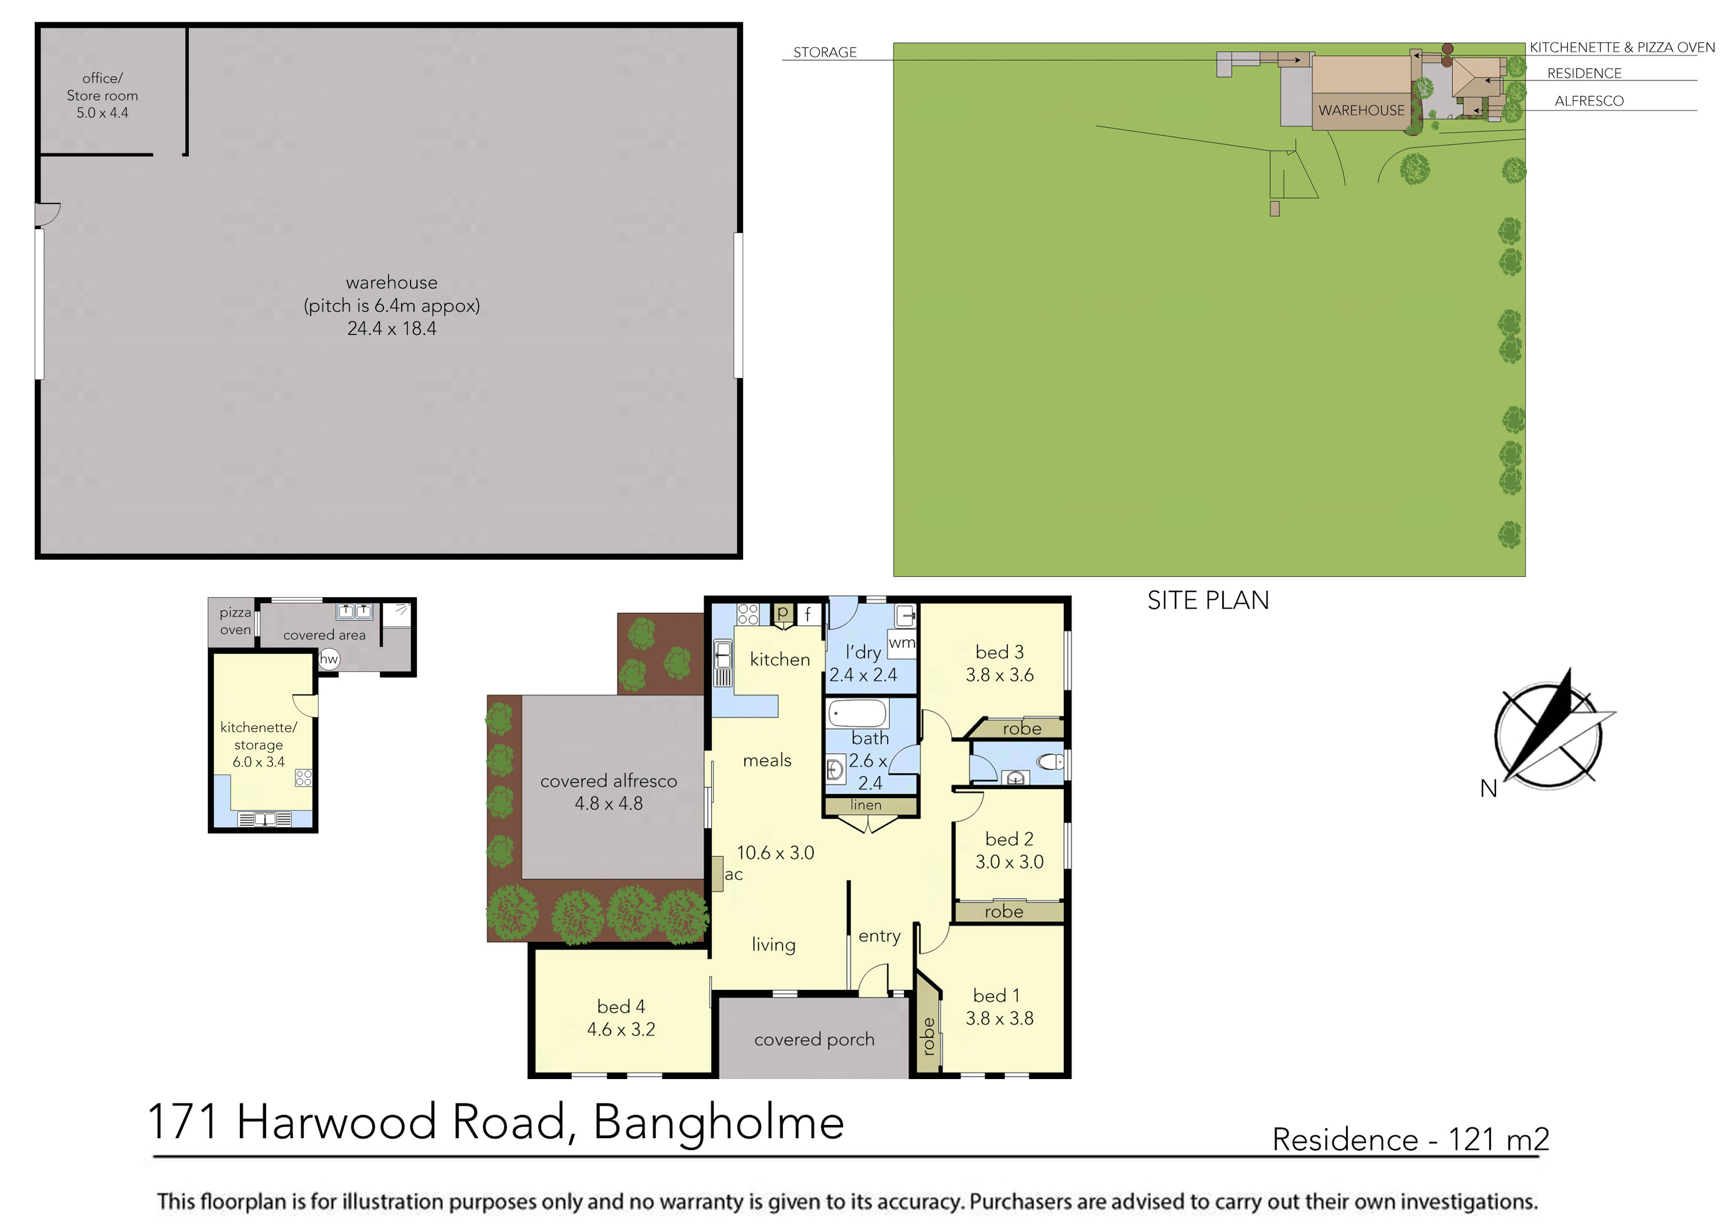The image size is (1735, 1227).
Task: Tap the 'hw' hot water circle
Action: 329,659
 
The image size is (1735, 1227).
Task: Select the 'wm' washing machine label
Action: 902,643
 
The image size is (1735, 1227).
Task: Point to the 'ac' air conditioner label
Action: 733,875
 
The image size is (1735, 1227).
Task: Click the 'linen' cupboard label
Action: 866,805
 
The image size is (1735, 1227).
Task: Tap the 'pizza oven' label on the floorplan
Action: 235,621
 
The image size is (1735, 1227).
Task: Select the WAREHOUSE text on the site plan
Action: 1361,110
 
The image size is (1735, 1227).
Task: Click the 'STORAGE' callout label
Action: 824,52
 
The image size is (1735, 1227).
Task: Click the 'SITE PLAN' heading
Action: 1208,600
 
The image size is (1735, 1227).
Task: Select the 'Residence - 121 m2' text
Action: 1410,1139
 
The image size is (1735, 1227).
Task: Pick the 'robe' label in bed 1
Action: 929,1036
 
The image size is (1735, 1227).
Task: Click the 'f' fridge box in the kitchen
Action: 808,614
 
